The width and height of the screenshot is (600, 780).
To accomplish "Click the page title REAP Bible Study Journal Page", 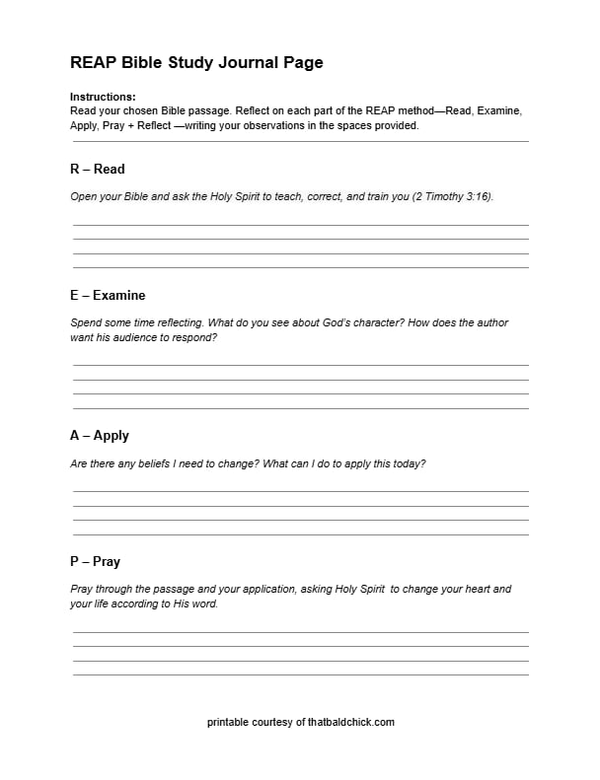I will [196, 63].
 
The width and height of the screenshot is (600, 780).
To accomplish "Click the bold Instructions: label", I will [103, 98].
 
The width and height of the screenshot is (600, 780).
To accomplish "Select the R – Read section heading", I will [97, 169].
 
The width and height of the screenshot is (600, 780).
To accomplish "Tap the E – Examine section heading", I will [108, 295].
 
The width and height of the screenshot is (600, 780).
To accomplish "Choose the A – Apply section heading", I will [100, 435].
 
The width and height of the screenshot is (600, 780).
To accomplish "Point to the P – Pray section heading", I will [95, 561].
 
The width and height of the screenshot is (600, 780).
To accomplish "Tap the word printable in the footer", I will [228, 722].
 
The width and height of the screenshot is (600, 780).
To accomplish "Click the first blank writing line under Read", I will [300, 225].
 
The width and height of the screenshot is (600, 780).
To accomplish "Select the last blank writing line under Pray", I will [300, 674].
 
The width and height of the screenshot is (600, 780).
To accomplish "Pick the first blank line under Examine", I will [300, 365].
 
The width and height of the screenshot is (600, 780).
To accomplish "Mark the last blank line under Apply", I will [300, 534].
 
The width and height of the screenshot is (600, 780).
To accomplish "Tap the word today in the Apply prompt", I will [409, 462].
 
